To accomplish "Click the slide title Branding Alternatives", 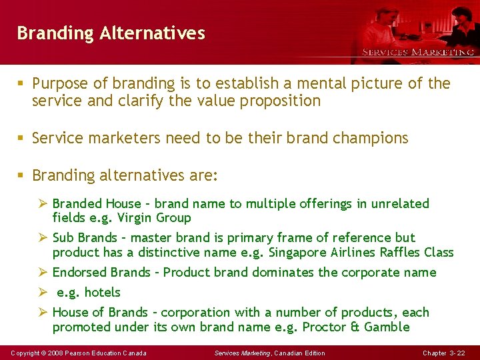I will click(x=111, y=33).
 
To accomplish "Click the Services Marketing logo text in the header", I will click(x=417, y=52).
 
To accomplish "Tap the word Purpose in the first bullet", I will click(x=61, y=83).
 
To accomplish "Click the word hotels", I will click(x=102, y=292).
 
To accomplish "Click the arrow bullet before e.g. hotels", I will click(x=43, y=292).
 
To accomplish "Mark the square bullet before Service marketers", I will click(x=22, y=139).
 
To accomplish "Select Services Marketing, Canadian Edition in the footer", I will click(x=269, y=353).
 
